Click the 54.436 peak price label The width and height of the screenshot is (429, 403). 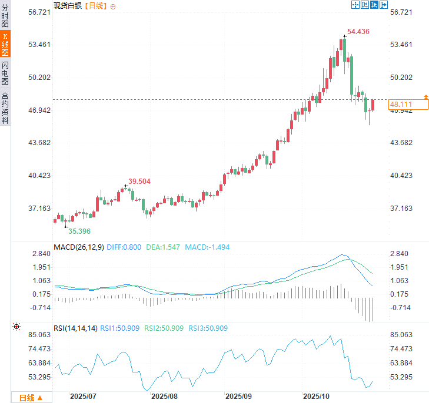pyautogui.click(x=358, y=32)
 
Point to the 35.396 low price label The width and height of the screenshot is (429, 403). pyautogui.click(x=79, y=231)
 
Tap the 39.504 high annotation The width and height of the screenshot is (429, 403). pyautogui.click(x=139, y=182)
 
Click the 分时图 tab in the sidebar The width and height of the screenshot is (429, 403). pyautogui.click(x=5, y=16)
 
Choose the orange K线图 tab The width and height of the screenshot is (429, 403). pyautogui.click(x=5, y=44)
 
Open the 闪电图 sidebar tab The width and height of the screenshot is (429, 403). pyautogui.click(x=5, y=73)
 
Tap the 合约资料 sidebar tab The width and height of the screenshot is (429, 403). pyautogui.click(x=5, y=108)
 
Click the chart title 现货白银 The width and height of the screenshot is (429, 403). pyautogui.click(x=68, y=6)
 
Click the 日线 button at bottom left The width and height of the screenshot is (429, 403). pyautogui.click(x=31, y=398)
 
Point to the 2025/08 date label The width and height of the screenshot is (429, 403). pyautogui.click(x=164, y=397)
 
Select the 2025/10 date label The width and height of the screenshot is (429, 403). pyautogui.click(x=316, y=397)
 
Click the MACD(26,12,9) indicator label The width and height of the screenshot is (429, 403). pyautogui.click(x=79, y=247)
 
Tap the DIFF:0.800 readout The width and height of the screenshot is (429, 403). pyautogui.click(x=124, y=247)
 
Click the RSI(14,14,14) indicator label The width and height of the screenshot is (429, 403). pyautogui.click(x=75, y=328)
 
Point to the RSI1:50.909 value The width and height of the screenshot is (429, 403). pyautogui.click(x=119, y=328)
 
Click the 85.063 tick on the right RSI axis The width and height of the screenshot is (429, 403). pyautogui.click(x=402, y=335)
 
